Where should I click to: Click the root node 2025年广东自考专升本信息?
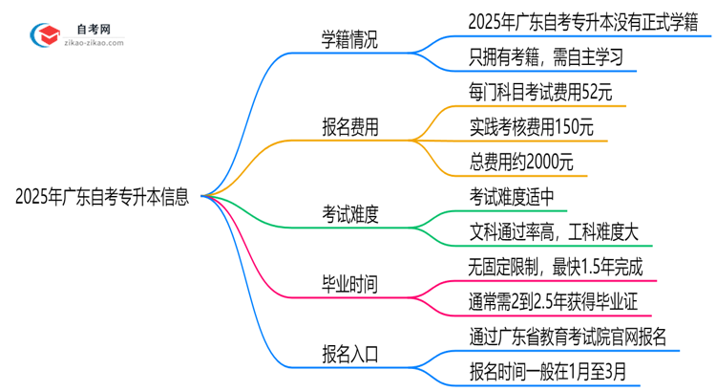(x=102, y=198)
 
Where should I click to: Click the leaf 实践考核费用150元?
(x=537, y=127)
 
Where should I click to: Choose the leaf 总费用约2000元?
(x=521, y=163)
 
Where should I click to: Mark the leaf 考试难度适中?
(x=512, y=197)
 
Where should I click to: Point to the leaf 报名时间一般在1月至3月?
(x=552, y=372)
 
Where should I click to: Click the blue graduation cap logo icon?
(x=43, y=35)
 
